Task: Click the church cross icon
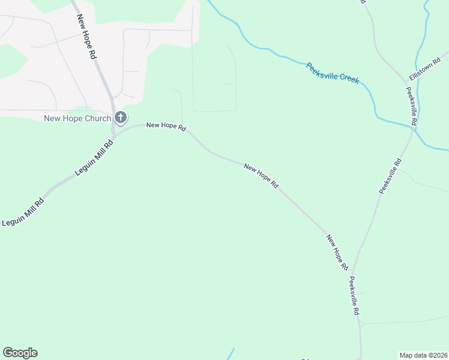[121, 118]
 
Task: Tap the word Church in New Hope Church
[98, 118]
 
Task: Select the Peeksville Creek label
[332, 73]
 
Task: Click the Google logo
[20, 353]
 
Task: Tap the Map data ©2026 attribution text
[423, 355]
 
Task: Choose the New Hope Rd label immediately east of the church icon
[166, 126]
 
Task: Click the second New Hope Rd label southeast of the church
[261, 176]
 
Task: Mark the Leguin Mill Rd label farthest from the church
[23, 212]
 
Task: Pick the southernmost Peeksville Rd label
[354, 296]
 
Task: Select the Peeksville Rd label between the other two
[390, 176]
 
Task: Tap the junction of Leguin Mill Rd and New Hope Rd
[113, 133]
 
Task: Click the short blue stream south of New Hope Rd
[231, 354]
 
